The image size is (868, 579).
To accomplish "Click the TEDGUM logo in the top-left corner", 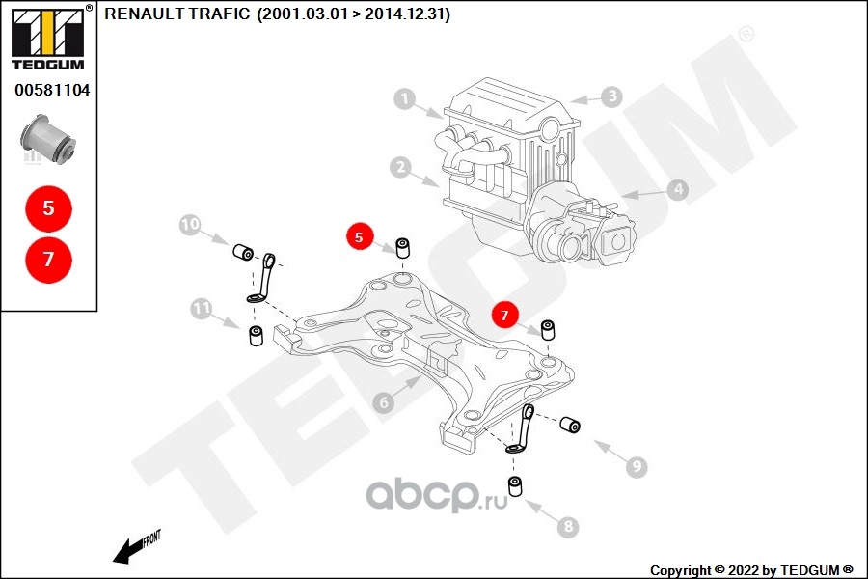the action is [x=48, y=38].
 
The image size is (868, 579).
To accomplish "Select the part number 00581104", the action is [x=52, y=90].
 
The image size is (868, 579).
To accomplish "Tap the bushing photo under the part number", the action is [x=48, y=139].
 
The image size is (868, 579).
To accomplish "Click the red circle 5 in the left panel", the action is [x=49, y=208].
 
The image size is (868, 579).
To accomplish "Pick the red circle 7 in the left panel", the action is [x=49, y=260].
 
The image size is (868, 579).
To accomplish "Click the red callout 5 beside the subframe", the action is [x=360, y=237].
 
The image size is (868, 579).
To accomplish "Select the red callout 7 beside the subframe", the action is [x=504, y=316].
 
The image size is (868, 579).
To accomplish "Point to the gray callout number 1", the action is [x=405, y=99].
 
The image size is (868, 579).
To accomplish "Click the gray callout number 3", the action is [x=611, y=96].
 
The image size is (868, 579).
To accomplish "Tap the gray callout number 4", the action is [x=678, y=190].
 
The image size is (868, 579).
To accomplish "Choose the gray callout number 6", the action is [x=384, y=401].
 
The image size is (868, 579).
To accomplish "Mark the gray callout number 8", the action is [x=568, y=526].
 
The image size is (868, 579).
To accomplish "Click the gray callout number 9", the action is [x=637, y=466].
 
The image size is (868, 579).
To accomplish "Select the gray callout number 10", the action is [x=190, y=225].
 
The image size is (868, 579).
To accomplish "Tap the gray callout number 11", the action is [x=201, y=309].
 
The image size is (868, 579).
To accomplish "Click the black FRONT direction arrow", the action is [x=136, y=547].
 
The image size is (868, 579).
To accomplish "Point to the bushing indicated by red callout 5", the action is [x=403, y=248].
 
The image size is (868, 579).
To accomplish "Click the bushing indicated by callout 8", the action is [x=516, y=486].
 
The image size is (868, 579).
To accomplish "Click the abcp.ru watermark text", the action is [x=437, y=495].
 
